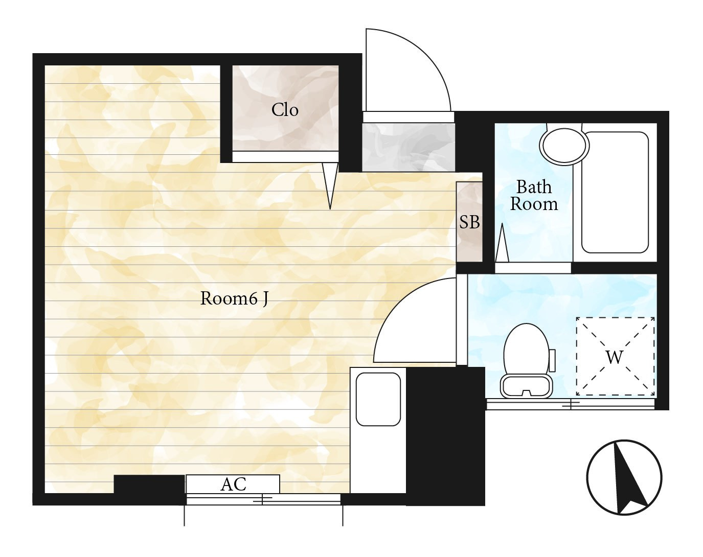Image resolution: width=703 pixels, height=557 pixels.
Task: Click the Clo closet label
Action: click(x=285, y=110)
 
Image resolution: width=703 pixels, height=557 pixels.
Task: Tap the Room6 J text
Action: click(x=234, y=298)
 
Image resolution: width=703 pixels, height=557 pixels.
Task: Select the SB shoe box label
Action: click(x=469, y=222)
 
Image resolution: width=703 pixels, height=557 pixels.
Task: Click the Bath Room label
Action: click(x=534, y=195)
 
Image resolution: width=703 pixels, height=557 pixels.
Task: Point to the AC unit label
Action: click(x=233, y=484)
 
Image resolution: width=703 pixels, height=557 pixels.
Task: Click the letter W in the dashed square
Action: click(x=615, y=357)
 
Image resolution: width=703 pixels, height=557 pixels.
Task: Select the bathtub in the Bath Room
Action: click(x=615, y=192)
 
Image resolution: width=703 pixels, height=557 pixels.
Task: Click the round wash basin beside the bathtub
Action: click(x=564, y=146)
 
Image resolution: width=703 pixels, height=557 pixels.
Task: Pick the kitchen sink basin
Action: click(x=378, y=399)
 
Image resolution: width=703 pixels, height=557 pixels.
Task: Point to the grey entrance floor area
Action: click(x=409, y=147)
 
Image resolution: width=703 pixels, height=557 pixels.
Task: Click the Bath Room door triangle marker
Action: click(x=502, y=243)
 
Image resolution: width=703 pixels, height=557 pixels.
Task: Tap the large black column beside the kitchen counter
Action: click(x=445, y=436)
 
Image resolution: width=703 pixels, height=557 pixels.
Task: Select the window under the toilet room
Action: click(x=571, y=404)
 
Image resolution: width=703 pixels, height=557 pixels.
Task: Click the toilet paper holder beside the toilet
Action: click(x=552, y=360)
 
